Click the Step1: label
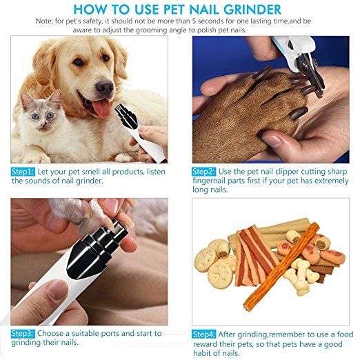(x=23, y=170)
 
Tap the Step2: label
(x=205, y=170)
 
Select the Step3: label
(x=23, y=331)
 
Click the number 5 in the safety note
(x=191, y=21)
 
